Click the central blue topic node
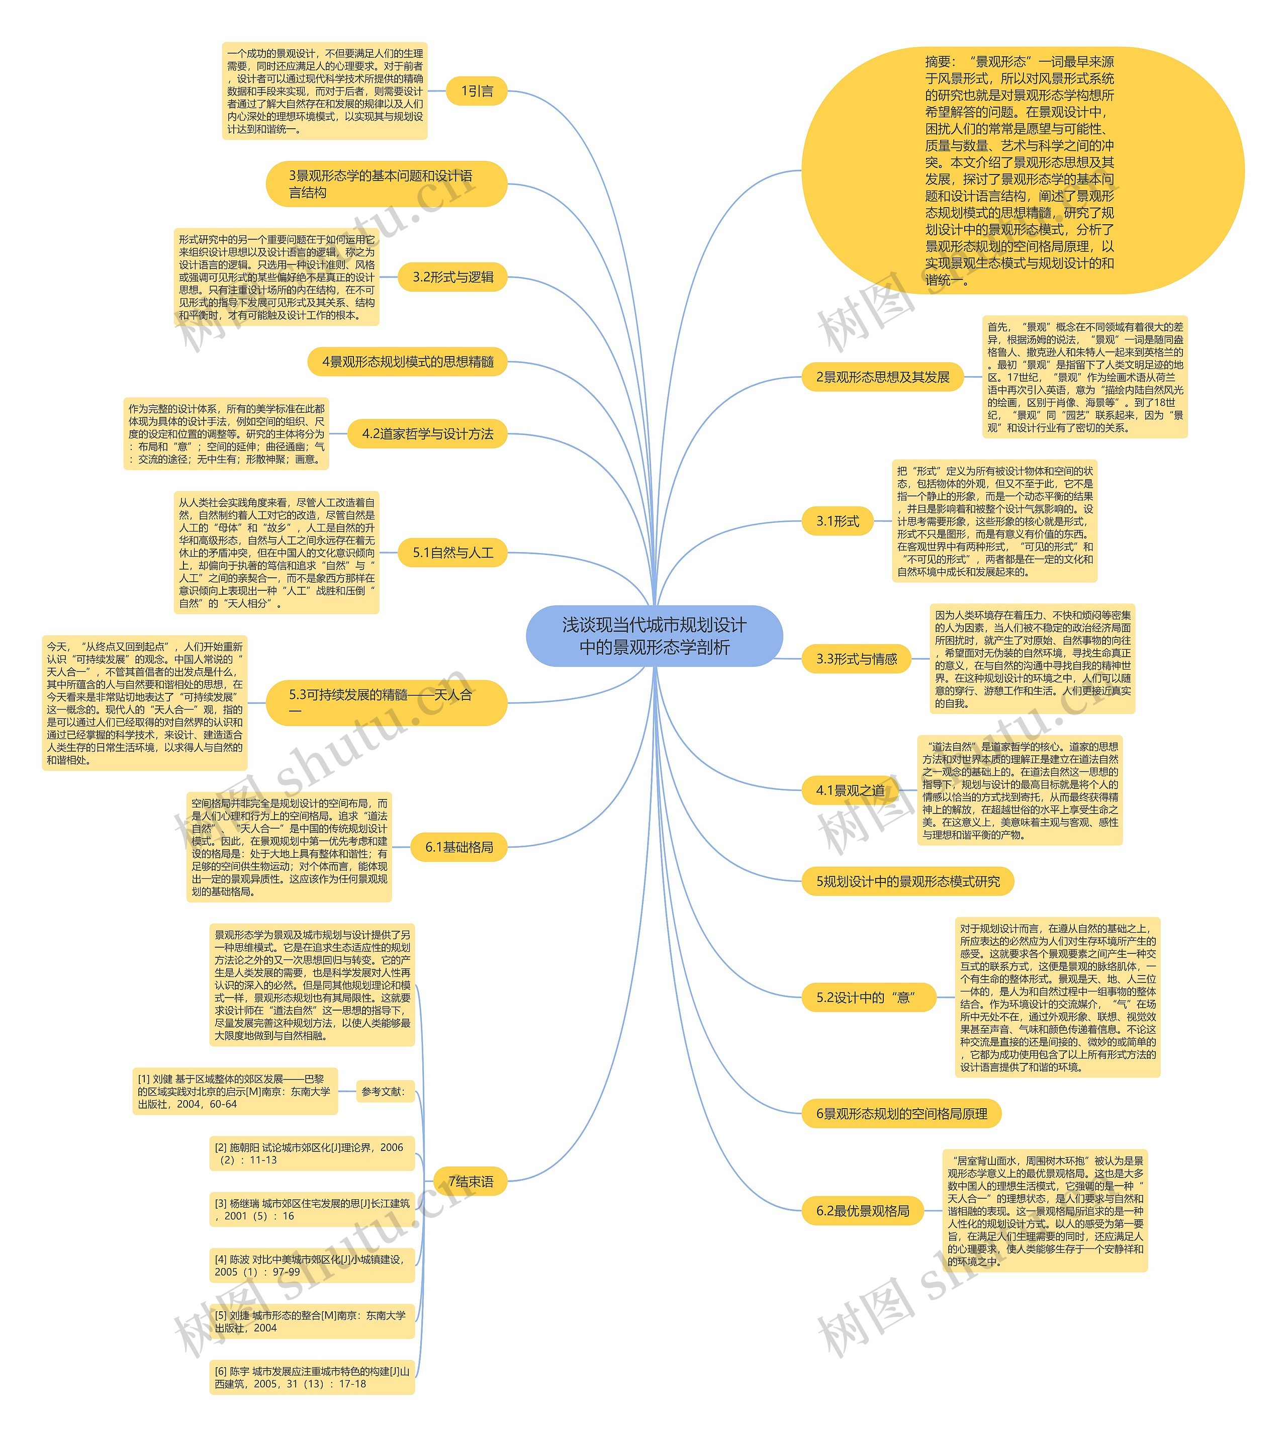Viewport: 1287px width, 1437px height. coord(654,636)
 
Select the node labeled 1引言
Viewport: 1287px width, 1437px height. coord(477,91)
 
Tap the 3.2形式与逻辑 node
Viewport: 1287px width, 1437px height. coord(453,277)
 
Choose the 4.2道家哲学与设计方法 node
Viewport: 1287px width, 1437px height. coord(428,434)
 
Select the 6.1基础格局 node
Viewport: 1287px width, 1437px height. coord(459,847)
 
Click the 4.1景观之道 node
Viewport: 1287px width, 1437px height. coord(850,790)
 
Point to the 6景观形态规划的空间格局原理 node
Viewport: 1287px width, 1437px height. coord(901,1114)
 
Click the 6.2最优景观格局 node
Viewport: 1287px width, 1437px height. coord(863,1211)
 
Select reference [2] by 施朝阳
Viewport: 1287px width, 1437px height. coord(312,1153)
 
